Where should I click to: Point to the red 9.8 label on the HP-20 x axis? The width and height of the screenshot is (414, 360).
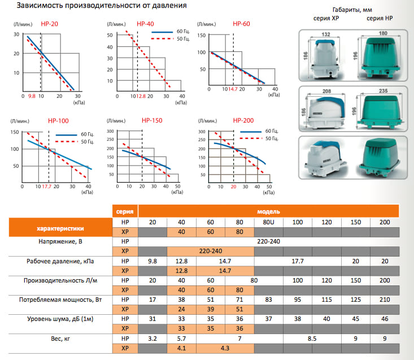[32, 97]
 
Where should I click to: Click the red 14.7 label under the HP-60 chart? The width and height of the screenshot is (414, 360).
[232, 89]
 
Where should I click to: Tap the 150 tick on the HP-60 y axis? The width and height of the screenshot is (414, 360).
[201, 34]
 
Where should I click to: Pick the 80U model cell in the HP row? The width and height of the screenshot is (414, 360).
[268, 223]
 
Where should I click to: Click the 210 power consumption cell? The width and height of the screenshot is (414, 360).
[385, 299]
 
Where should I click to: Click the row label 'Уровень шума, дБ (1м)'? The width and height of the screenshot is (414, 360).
[61, 319]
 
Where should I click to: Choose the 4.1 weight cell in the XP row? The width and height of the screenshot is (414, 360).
[182, 348]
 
